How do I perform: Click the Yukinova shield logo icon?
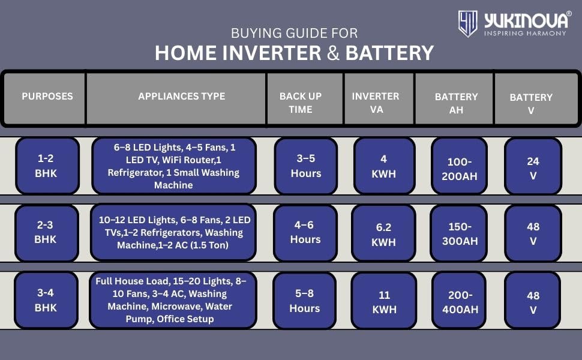[467, 23]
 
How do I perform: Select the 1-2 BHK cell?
[47, 166]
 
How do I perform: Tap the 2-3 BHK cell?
[47, 233]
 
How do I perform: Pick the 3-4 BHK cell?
[46, 300]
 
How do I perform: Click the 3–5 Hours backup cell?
[306, 166]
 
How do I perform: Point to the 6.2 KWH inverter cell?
[384, 233]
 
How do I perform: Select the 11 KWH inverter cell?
[384, 301]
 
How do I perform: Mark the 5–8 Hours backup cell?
[305, 301]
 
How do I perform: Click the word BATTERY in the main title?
[389, 53]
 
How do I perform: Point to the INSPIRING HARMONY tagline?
[525, 33]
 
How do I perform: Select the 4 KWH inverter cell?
[384, 166]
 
